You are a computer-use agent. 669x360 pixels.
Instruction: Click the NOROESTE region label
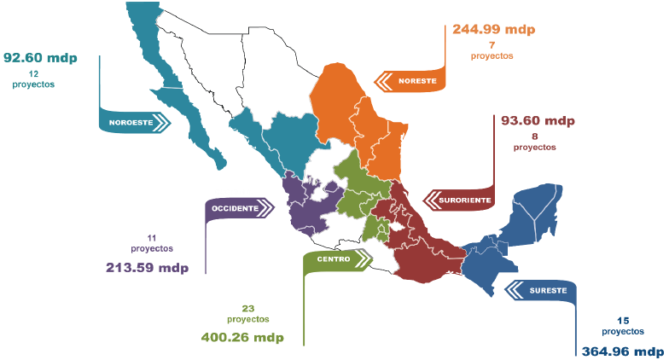pyautogui.click(x=131, y=123)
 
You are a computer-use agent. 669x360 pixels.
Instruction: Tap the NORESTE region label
pyautogui.click(x=418, y=82)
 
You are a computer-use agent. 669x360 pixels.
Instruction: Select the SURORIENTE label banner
pyautogui.click(x=464, y=200)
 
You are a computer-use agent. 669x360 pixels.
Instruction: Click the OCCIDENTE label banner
pyautogui.click(x=235, y=208)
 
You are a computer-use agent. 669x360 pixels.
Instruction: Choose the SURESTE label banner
pyautogui.click(x=547, y=291)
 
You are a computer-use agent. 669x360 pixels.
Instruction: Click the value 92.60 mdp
pyautogui.click(x=40, y=58)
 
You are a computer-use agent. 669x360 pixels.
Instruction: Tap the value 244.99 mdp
pyautogui.click(x=493, y=29)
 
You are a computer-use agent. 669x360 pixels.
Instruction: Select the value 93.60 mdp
pyautogui.click(x=538, y=120)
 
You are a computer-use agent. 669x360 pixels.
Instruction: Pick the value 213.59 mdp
pyautogui.click(x=147, y=267)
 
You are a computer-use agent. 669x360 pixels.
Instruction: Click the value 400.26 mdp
pyautogui.click(x=241, y=337)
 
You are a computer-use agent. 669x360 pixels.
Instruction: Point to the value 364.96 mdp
pyautogui.click(x=622, y=351)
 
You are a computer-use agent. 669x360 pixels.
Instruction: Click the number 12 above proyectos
pyautogui.click(x=33, y=74)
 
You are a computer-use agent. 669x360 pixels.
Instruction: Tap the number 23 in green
pyautogui.click(x=248, y=307)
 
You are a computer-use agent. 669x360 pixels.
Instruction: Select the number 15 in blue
pyautogui.click(x=622, y=320)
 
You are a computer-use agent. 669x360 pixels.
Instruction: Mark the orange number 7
pyautogui.click(x=492, y=44)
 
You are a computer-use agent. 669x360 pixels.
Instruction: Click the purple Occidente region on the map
pyautogui.click(x=303, y=205)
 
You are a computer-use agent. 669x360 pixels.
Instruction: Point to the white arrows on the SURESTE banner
pyautogui.click(x=515, y=291)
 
